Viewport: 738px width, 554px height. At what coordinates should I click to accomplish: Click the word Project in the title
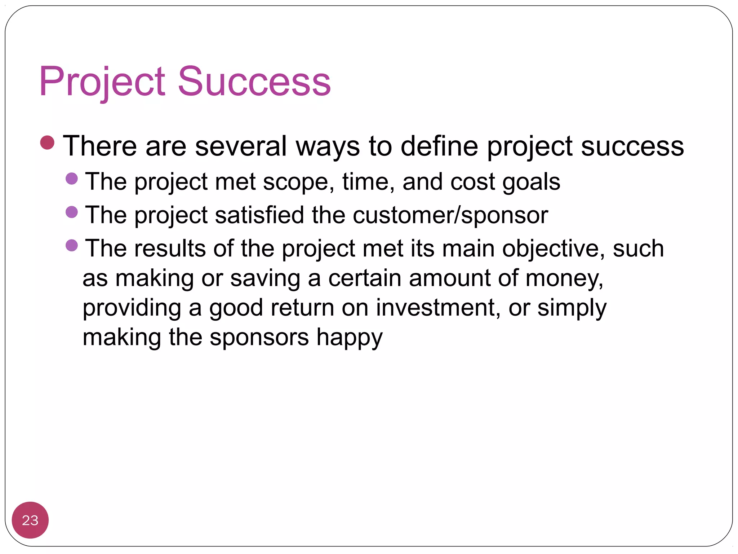[x=102, y=82]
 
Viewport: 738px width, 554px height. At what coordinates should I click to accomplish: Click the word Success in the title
[x=254, y=82]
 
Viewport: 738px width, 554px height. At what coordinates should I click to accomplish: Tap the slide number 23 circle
[x=30, y=520]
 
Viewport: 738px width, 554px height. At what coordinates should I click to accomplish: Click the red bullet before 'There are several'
[x=47, y=142]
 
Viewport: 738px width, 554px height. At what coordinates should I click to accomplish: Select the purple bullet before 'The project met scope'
[x=72, y=179]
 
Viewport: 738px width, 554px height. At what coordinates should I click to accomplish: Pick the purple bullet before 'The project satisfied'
[x=72, y=212]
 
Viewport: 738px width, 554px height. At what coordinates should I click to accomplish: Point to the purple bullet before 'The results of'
[x=72, y=246]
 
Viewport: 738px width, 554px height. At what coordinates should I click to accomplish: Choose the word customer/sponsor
[x=450, y=215]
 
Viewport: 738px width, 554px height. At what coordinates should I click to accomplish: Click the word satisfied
[x=259, y=215]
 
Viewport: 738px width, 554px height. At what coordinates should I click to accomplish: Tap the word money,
[x=564, y=279]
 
